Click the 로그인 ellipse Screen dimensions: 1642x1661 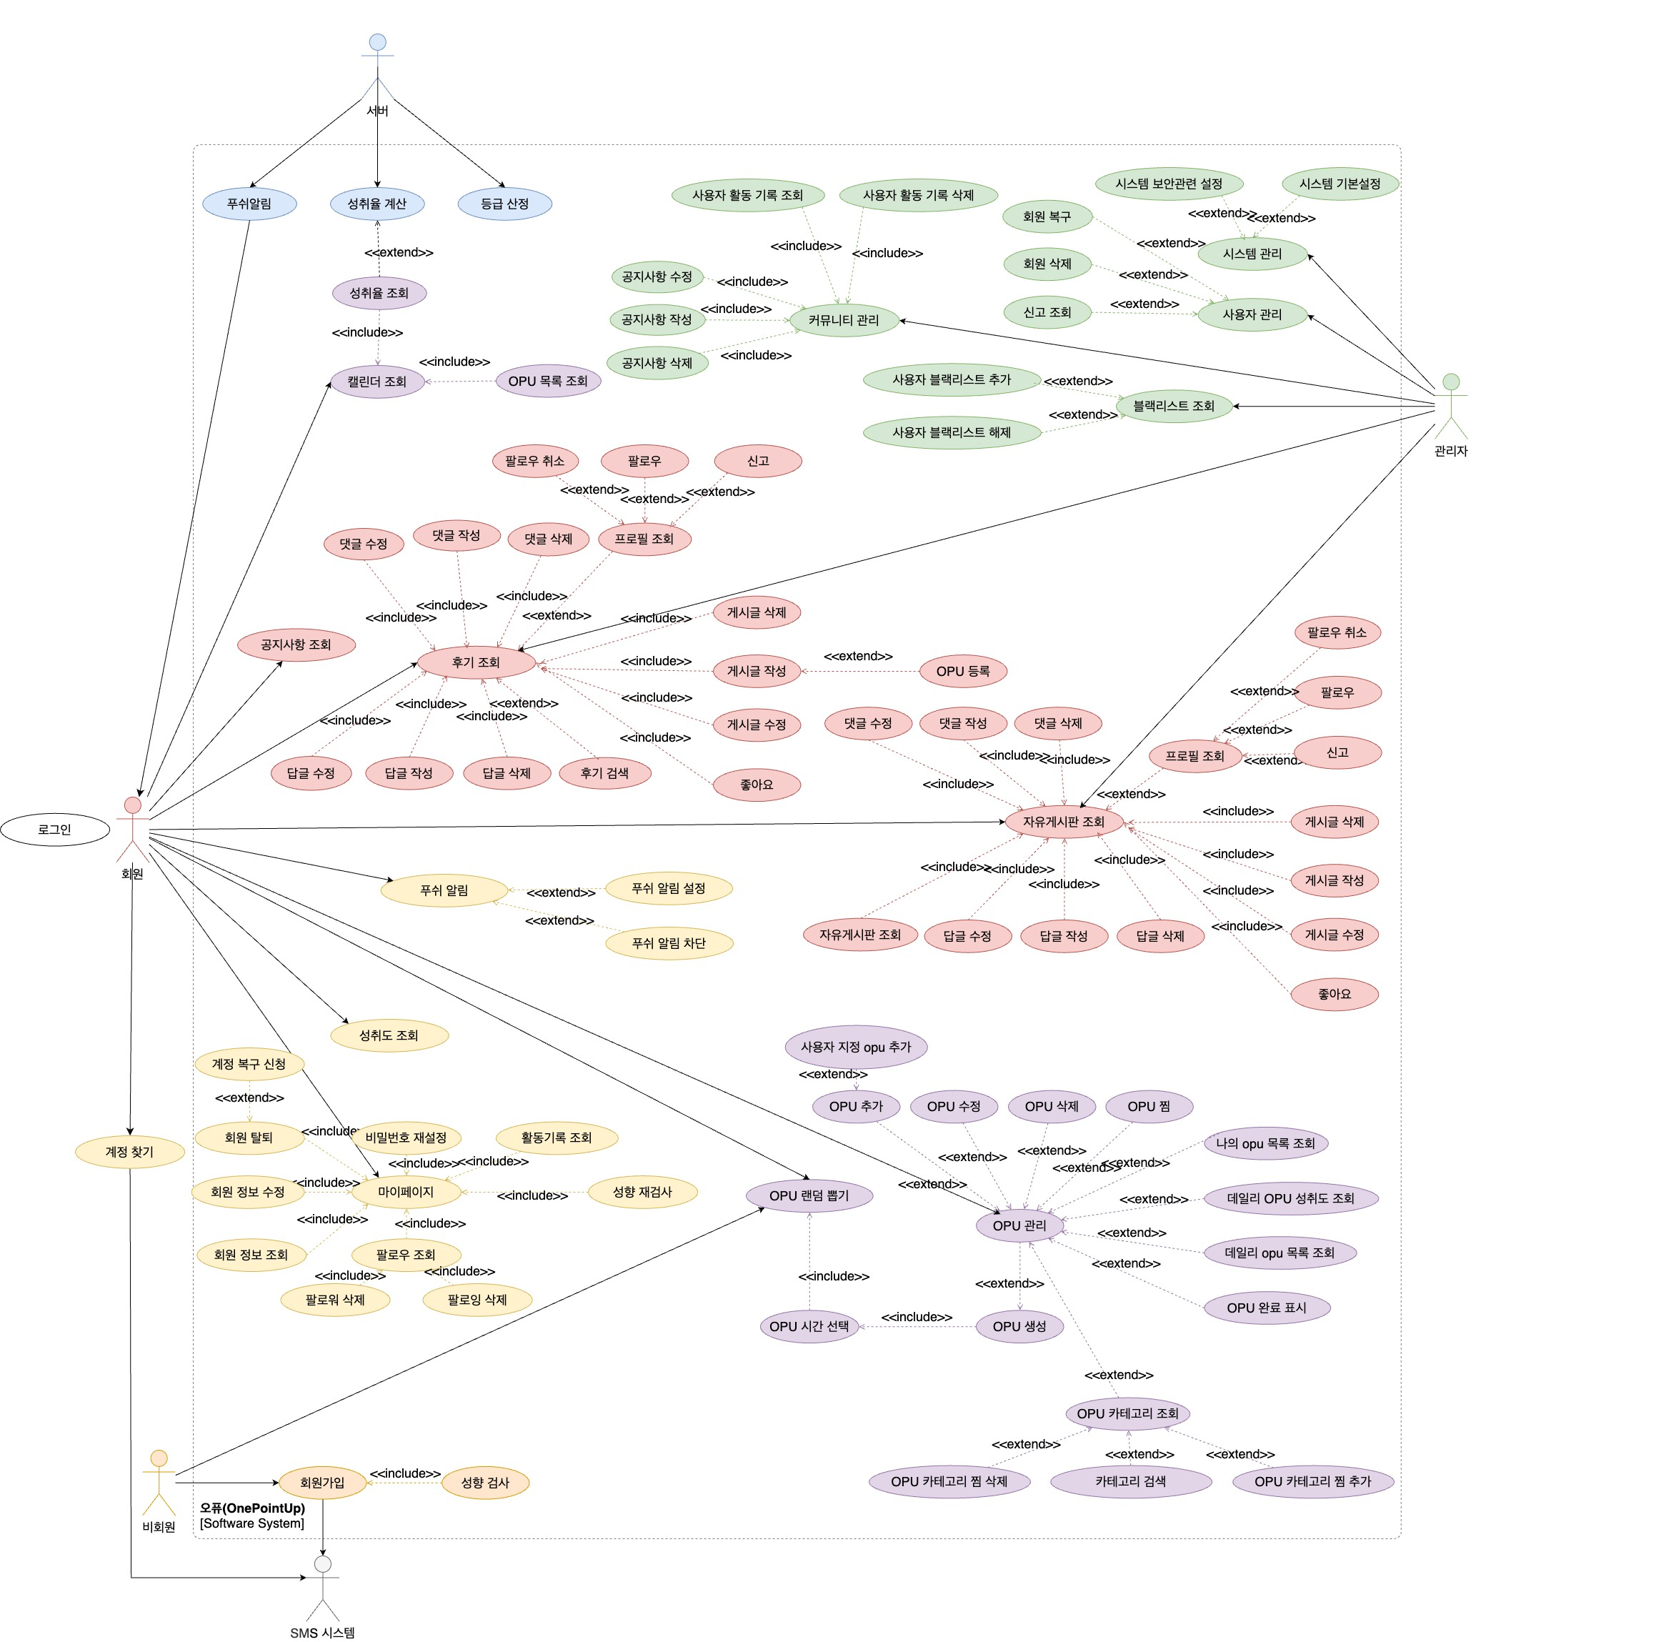point(55,830)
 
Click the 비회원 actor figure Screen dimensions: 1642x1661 point(159,1482)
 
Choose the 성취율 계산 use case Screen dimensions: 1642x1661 point(376,204)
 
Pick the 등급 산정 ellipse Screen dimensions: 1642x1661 point(504,204)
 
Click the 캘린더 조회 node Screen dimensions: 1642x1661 point(377,382)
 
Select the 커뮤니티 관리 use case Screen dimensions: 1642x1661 point(844,321)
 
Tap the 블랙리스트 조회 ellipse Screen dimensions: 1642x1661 point(1174,406)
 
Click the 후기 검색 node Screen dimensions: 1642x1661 point(604,773)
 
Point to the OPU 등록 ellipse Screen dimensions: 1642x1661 point(963,672)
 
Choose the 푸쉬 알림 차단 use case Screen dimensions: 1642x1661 point(669,943)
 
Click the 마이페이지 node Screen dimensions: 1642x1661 point(406,1192)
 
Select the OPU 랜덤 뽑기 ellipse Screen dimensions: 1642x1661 point(809,1196)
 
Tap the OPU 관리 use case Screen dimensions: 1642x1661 point(1019,1225)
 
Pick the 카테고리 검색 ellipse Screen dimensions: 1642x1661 point(1130,1481)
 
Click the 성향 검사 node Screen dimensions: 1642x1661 point(485,1482)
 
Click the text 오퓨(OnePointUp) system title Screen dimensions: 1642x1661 point(253,1508)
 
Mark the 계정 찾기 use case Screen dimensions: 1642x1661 point(130,1152)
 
